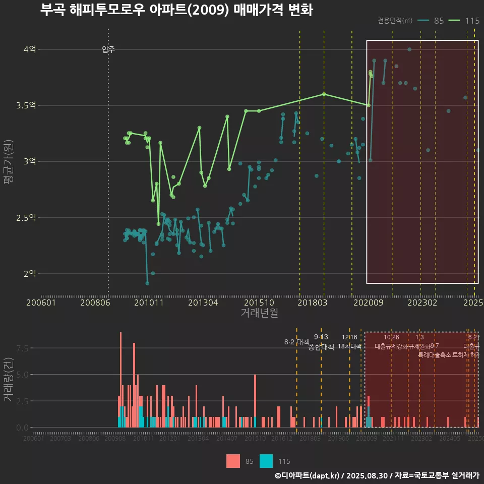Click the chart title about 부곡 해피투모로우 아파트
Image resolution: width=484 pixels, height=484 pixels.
pos(176,10)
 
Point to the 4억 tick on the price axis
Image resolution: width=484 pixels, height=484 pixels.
pos(29,49)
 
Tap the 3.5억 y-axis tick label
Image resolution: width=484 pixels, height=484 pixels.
pos(26,105)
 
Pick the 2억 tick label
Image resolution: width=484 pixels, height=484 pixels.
pos(29,273)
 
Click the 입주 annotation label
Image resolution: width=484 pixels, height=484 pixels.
pos(108,49)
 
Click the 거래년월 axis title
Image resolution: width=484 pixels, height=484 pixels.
pos(259,313)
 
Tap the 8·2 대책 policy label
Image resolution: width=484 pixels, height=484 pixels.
pos(296,342)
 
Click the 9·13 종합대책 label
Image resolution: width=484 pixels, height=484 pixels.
pos(321,342)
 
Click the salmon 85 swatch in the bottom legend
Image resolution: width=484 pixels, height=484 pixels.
pos(233,461)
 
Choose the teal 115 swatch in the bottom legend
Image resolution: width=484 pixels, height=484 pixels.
pos(266,461)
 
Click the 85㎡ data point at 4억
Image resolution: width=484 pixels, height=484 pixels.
pos(409,49)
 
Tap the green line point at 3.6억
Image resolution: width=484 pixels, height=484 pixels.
pos(324,94)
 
